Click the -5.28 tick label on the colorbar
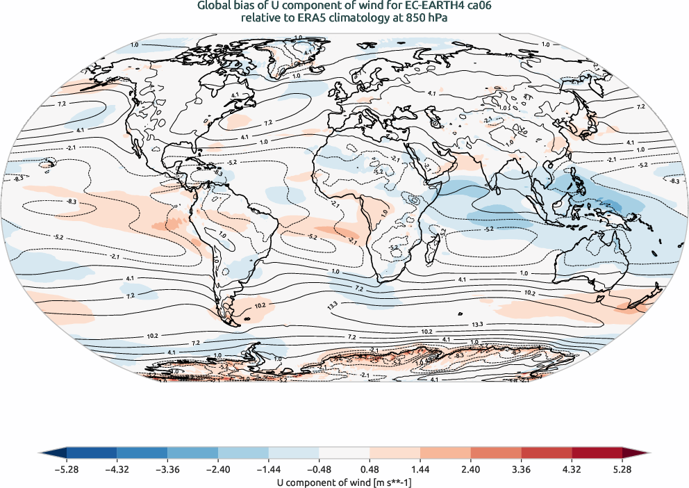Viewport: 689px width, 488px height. (67, 470)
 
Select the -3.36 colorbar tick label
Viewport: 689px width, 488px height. (168, 470)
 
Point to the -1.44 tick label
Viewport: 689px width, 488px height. (269, 470)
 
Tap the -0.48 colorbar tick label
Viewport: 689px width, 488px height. (319, 470)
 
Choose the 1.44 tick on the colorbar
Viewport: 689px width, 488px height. (420, 470)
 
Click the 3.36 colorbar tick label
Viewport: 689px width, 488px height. (521, 470)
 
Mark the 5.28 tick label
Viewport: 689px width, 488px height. (622, 470)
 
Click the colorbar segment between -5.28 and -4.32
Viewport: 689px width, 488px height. (92, 454)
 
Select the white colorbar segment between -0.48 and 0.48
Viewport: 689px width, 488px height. (344, 454)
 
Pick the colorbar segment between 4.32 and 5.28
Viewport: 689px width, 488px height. (597, 454)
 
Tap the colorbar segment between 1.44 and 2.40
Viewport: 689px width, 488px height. (445, 454)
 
